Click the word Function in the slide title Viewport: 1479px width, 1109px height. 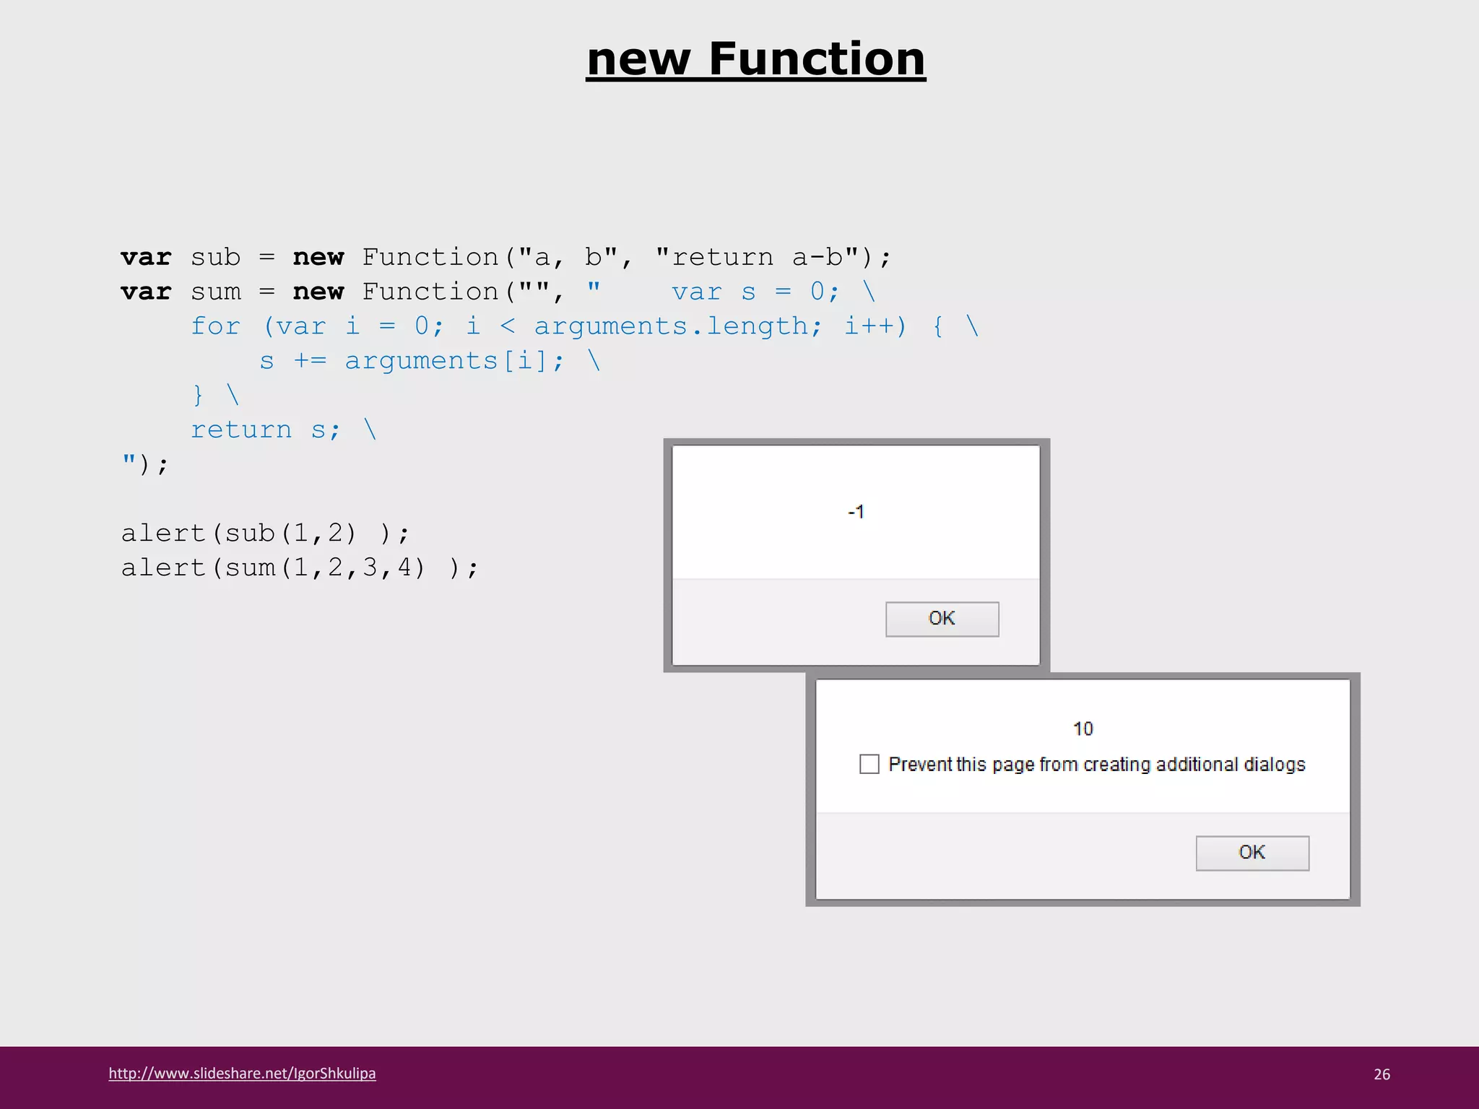click(817, 59)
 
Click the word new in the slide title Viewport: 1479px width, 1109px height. click(638, 59)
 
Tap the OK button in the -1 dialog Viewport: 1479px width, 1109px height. click(942, 619)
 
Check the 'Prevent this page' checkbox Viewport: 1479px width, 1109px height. click(869, 764)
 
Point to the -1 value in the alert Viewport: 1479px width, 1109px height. click(856, 512)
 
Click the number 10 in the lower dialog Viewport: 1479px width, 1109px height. click(1083, 729)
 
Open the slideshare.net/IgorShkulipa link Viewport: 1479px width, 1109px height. click(242, 1074)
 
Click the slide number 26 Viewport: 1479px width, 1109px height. click(1382, 1074)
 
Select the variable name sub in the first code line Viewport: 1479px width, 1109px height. click(215, 257)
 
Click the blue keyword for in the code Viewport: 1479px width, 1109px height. click(215, 326)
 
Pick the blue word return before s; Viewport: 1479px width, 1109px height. click(241, 430)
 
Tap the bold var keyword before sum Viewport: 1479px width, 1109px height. click(146, 292)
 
